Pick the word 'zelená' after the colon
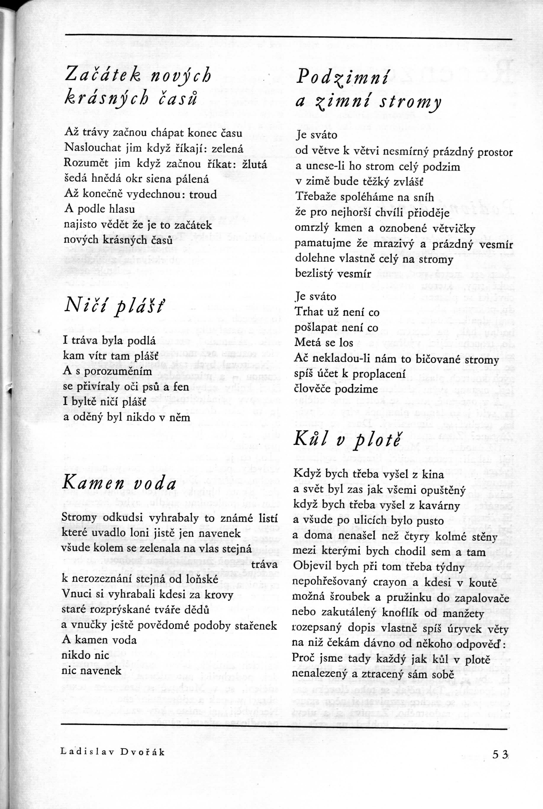pyautogui.click(x=227, y=149)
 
